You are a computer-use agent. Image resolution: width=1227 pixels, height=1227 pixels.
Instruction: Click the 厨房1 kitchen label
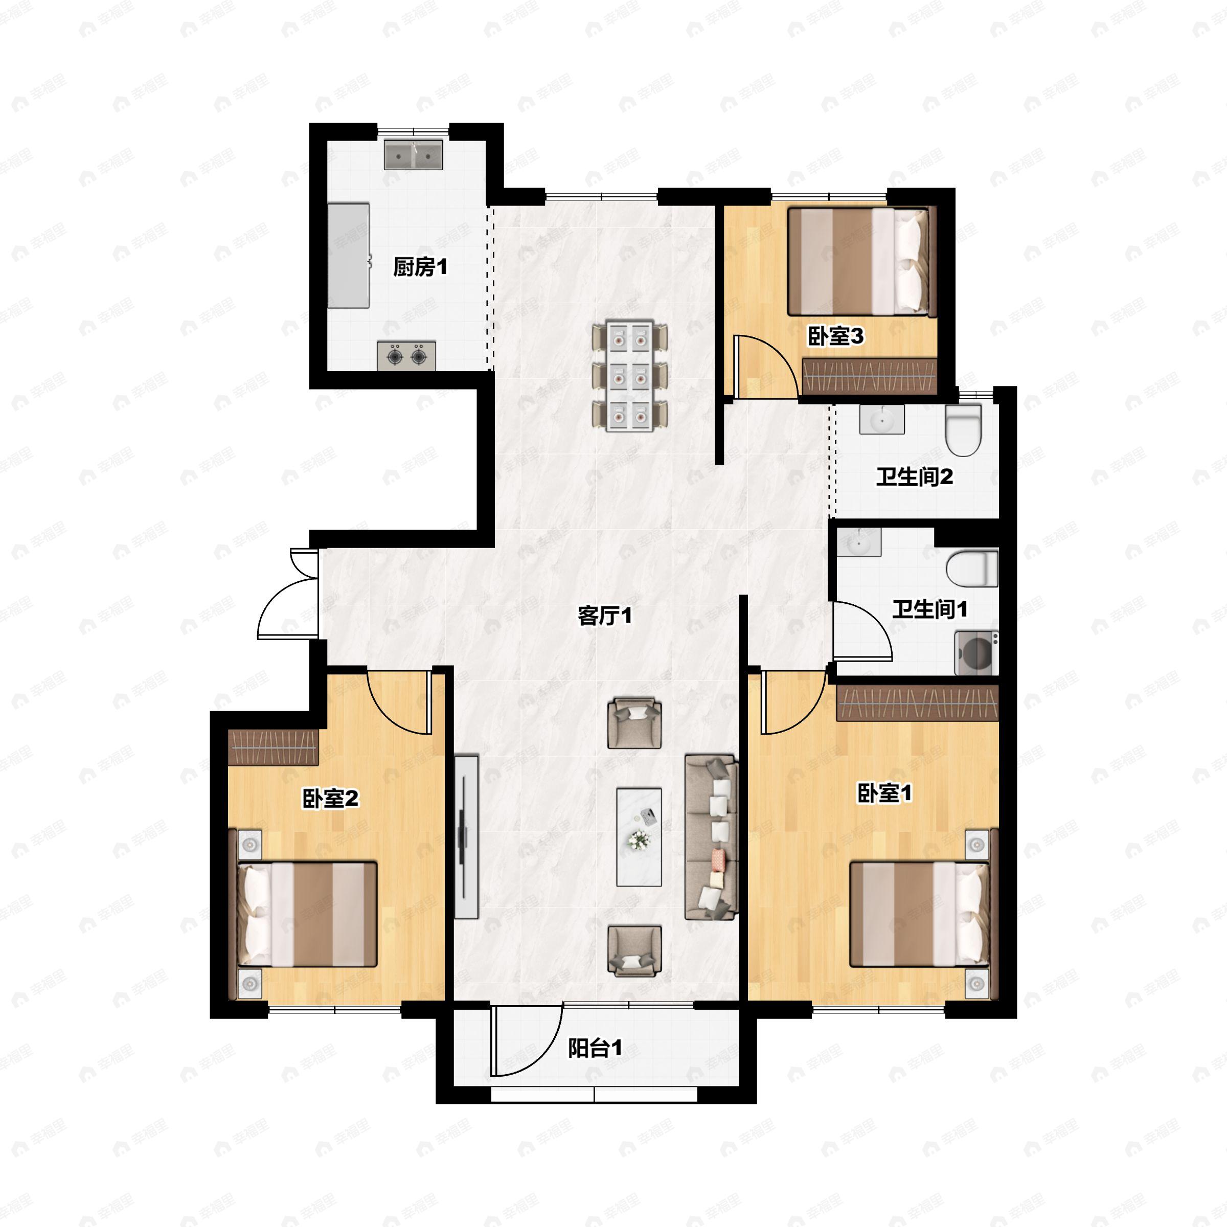[420, 267]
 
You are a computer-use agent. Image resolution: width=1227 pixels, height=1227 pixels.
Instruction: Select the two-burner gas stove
[406, 356]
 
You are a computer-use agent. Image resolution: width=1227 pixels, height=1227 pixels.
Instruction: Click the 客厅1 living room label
[605, 616]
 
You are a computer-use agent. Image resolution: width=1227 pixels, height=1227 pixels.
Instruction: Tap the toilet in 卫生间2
[963, 430]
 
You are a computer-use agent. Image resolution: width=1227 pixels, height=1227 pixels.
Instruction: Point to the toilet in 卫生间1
[972, 569]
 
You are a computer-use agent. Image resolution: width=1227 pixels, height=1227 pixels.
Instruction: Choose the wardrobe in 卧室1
[917, 703]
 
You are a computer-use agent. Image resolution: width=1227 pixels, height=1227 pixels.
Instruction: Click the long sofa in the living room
[711, 837]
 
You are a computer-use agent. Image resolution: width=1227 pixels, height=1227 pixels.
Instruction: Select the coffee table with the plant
[639, 837]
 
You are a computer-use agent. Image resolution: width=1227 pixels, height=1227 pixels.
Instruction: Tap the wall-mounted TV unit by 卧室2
[466, 836]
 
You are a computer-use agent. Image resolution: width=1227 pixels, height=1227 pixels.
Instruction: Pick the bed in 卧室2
[307, 914]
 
